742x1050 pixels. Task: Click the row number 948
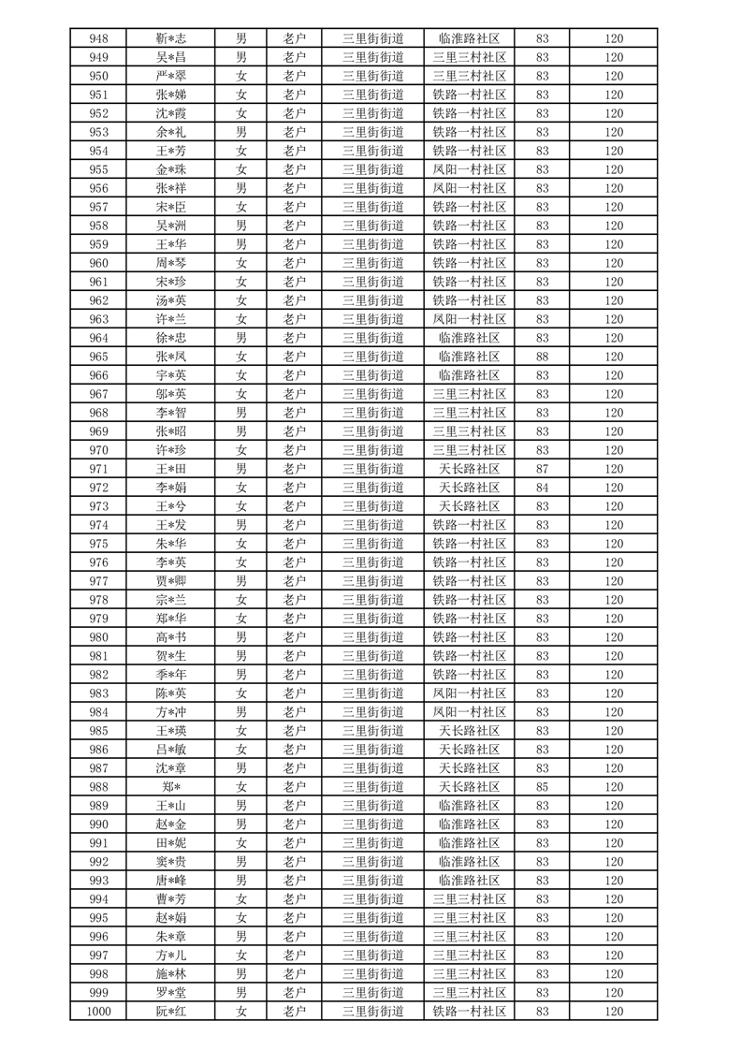(x=98, y=38)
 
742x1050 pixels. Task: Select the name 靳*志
(x=170, y=38)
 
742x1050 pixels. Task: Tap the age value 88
(x=543, y=357)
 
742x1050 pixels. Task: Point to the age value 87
(x=543, y=469)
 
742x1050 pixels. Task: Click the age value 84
(x=543, y=488)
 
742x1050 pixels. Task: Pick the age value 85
(x=543, y=787)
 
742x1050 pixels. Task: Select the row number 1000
(x=98, y=1012)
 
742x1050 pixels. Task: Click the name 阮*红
(x=170, y=1012)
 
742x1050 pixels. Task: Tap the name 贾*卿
(x=170, y=581)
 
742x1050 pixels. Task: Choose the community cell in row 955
(x=470, y=169)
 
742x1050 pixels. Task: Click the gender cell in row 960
(x=241, y=263)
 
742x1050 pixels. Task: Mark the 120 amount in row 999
(x=614, y=993)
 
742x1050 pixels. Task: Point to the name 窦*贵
(x=170, y=862)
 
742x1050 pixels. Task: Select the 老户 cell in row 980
(x=295, y=637)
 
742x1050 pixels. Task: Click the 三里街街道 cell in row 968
(x=373, y=413)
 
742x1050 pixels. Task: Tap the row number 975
(x=98, y=544)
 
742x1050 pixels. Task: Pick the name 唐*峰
(x=170, y=881)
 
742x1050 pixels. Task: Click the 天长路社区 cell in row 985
(x=470, y=731)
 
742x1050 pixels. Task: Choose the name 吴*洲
(x=170, y=226)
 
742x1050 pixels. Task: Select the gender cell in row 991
(x=241, y=843)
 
